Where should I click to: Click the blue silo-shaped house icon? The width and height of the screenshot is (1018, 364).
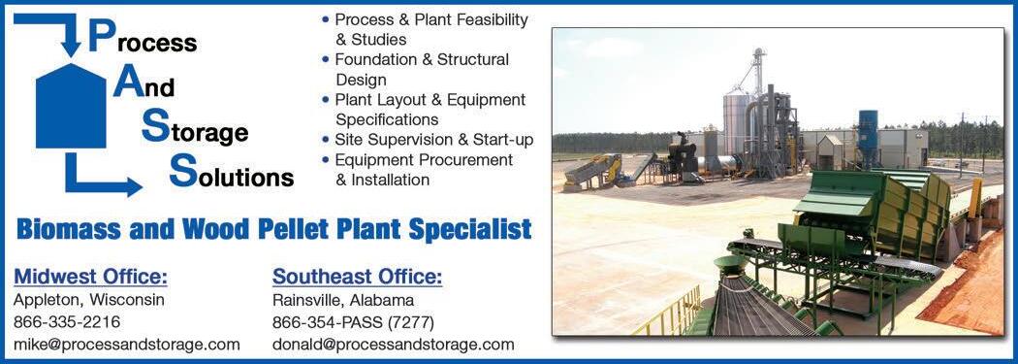[71, 106]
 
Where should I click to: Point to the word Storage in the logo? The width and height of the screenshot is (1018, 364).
[195, 127]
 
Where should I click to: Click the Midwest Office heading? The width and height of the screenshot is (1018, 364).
[91, 278]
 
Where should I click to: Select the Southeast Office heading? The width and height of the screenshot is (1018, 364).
[357, 278]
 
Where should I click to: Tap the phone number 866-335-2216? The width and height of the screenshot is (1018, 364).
[67, 322]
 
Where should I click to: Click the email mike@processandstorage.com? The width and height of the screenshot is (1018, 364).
[127, 345]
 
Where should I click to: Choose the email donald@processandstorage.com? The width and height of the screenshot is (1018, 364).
[394, 345]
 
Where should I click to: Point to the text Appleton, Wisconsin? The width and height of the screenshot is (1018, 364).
[89, 300]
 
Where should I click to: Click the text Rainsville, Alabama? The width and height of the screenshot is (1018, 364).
[343, 300]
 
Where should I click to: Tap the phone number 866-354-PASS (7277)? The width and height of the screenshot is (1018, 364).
[353, 322]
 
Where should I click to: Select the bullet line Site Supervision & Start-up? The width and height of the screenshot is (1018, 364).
[433, 140]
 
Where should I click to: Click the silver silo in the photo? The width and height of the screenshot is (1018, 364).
[737, 123]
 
